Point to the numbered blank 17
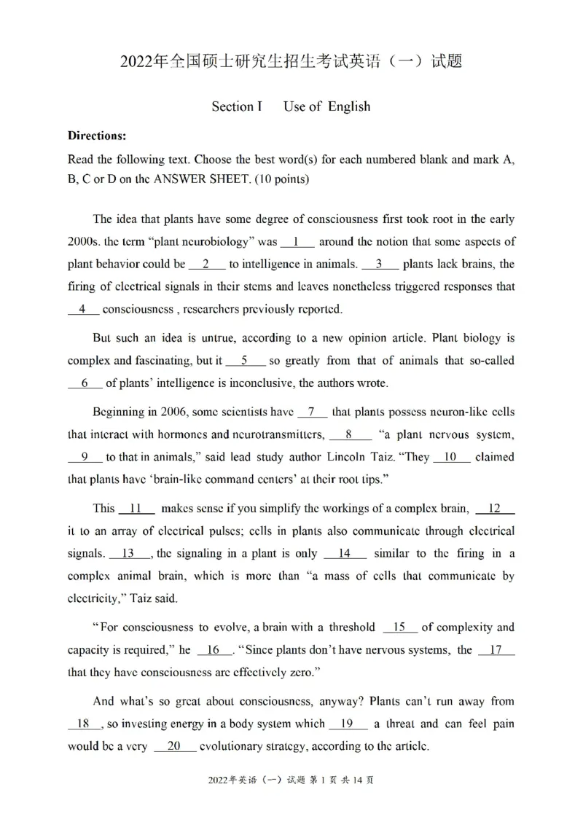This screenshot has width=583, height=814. click(x=496, y=650)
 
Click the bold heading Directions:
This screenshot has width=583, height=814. click(x=97, y=136)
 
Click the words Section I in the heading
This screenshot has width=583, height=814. click(x=236, y=106)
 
